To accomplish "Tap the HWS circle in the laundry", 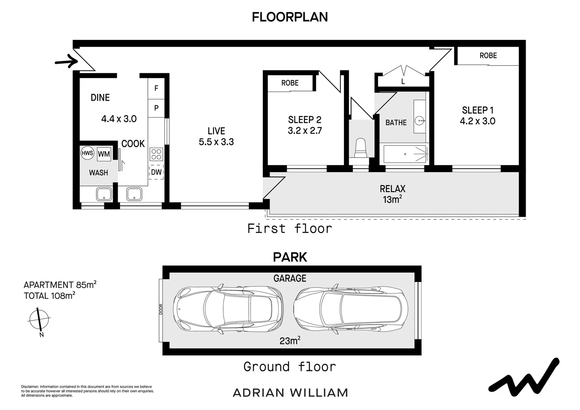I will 87,153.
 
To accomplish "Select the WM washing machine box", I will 104,154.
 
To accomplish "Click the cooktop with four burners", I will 156,154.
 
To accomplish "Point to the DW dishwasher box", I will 156,172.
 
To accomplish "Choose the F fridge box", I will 156,88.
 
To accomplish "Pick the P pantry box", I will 156,108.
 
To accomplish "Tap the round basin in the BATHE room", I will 420,121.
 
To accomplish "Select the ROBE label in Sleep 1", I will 488,56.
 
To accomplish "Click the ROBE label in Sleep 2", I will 290,83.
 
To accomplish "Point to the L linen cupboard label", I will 403,82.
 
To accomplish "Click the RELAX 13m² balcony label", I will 392,194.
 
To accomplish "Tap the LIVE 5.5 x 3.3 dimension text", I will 216,142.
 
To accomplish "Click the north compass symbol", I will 39,319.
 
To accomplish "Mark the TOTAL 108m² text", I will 49,296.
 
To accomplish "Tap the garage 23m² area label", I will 290,341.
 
